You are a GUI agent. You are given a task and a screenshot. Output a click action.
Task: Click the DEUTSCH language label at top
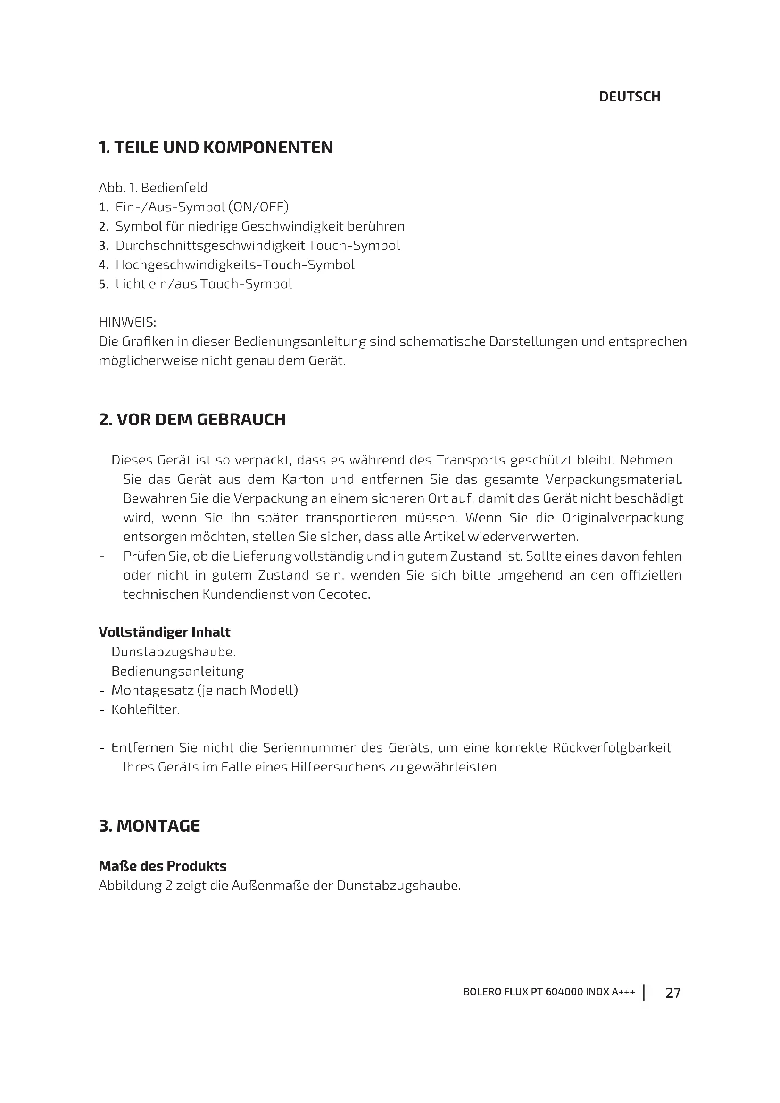coord(629,97)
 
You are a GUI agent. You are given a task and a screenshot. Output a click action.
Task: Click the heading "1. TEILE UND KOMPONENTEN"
coord(215,148)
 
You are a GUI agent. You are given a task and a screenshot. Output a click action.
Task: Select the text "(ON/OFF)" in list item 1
coord(258,207)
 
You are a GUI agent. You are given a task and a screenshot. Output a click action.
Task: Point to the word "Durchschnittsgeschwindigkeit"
coord(210,246)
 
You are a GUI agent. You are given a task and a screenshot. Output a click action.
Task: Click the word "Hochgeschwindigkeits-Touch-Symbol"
coord(235,265)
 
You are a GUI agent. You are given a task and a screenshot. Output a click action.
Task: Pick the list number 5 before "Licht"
coord(102,284)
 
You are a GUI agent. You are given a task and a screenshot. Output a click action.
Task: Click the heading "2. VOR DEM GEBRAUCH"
coord(191,420)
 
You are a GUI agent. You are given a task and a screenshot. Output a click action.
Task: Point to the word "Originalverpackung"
coord(622,518)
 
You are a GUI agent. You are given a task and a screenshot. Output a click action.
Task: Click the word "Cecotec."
coord(344,595)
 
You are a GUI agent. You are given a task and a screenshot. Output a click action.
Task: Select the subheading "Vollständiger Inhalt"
coord(164,632)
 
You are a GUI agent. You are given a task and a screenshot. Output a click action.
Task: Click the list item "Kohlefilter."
coord(146,710)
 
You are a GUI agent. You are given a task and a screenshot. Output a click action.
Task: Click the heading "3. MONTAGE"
coord(149,826)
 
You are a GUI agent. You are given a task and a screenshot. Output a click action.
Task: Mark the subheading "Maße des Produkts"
coord(162,866)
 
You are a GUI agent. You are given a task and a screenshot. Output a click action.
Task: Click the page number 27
coord(672,993)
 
